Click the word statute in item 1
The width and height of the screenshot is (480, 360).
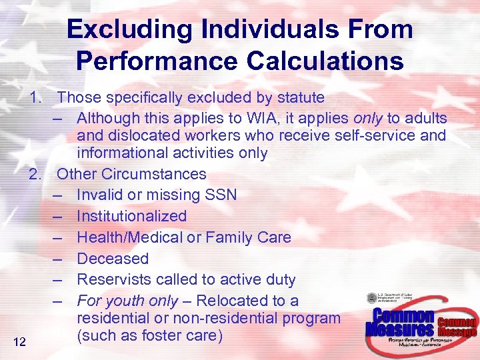click(296, 97)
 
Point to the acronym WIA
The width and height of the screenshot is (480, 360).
click(238, 119)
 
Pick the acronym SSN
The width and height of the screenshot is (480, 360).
click(221, 195)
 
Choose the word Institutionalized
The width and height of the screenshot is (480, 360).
click(131, 216)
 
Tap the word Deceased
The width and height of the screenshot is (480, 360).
click(112, 259)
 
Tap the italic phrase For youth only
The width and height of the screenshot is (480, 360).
click(127, 301)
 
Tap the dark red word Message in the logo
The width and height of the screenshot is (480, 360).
click(458, 332)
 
